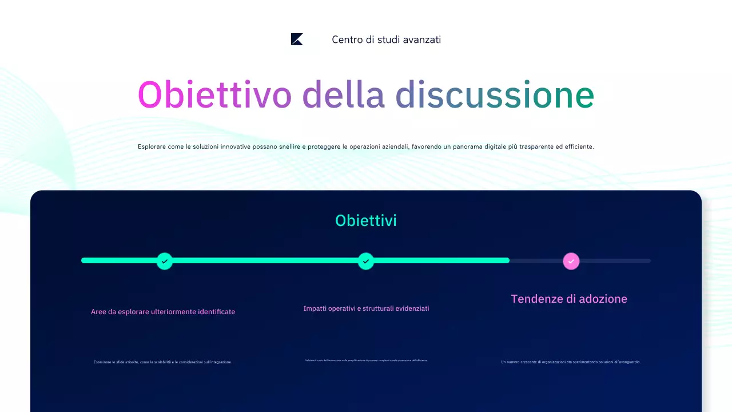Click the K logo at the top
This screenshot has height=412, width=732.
[297, 39]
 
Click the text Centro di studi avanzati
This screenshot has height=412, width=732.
[386, 39]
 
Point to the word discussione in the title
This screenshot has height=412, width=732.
[495, 94]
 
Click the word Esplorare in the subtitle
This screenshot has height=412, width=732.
[152, 146]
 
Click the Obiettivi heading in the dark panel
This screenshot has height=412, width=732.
[366, 220]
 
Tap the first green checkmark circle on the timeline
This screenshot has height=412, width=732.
[165, 261]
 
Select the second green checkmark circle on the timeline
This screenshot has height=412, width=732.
[366, 261]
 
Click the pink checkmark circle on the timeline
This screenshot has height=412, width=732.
[571, 261]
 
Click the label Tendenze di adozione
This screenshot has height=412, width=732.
[569, 299]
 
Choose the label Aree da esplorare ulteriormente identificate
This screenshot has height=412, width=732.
[163, 312]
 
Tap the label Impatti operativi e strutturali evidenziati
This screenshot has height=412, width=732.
[366, 308]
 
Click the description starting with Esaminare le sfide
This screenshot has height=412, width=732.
[163, 362]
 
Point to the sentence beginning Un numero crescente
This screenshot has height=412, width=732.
[571, 362]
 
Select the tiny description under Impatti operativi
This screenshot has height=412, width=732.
[366, 360]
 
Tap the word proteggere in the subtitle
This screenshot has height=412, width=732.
[324, 146]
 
